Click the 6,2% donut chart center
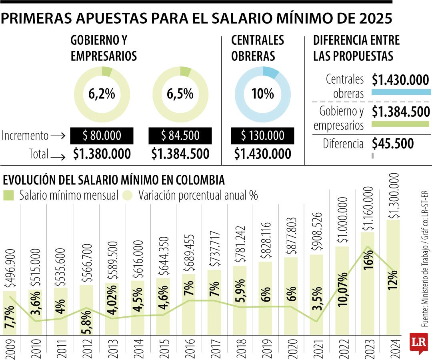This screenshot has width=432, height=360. (x=102, y=94)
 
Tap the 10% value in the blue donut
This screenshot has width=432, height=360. (x=262, y=94)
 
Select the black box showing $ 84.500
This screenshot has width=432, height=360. (x=180, y=136)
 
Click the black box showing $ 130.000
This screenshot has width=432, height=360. (x=262, y=136)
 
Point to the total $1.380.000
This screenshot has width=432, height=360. (x=102, y=154)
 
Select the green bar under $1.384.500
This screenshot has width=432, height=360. (x=400, y=124)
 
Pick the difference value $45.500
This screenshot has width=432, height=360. (x=393, y=144)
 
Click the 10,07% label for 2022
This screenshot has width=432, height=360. (x=343, y=290)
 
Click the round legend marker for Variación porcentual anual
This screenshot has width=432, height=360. (x=128, y=195)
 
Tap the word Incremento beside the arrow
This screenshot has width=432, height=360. (x=25, y=136)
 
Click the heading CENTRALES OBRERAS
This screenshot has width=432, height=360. (x=258, y=48)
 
